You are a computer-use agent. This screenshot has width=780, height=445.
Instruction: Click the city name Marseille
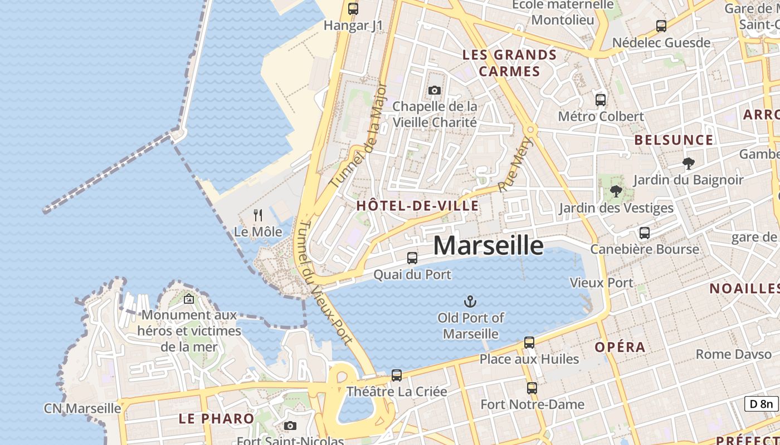(488, 245)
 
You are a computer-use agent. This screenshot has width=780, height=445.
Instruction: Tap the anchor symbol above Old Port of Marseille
(471, 302)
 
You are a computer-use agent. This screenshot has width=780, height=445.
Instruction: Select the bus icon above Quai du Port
(412, 258)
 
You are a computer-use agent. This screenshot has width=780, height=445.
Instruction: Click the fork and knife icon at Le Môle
(258, 215)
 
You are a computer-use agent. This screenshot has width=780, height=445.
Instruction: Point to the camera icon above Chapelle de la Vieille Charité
(435, 90)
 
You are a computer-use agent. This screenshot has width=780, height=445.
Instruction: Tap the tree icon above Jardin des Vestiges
(616, 192)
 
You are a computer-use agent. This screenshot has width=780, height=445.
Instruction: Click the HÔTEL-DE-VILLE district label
(417, 206)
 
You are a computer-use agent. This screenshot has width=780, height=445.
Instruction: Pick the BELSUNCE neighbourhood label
(674, 140)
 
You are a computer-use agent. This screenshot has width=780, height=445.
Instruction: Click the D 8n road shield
(762, 404)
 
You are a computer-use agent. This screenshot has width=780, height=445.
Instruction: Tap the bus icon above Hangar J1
(353, 9)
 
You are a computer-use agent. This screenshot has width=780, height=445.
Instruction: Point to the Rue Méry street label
(516, 165)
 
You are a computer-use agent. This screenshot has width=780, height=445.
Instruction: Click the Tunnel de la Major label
(358, 135)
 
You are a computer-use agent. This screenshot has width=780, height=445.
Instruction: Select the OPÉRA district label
(620, 347)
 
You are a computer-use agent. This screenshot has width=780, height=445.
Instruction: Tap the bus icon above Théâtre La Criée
(397, 375)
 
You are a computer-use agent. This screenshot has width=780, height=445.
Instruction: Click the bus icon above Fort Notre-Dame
(532, 388)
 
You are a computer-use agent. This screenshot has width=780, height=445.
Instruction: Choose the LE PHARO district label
(216, 418)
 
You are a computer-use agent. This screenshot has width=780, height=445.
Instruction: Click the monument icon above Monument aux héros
(189, 299)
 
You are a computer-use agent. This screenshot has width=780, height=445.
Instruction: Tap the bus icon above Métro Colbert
(601, 100)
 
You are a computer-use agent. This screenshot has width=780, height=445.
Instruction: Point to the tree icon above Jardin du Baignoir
(689, 164)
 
